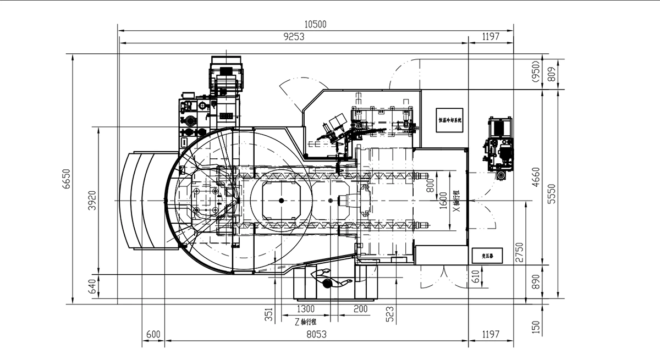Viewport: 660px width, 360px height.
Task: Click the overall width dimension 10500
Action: point(315,24)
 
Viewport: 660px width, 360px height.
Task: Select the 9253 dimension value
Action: point(294,37)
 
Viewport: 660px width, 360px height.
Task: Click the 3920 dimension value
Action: point(92,201)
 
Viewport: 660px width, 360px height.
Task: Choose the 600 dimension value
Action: point(153,334)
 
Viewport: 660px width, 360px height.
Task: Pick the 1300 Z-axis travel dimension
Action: point(306,309)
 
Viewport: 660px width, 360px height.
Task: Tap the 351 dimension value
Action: point(268,314)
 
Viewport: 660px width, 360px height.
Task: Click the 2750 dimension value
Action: point(520,252)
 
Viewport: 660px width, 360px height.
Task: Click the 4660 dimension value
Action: point(537,178)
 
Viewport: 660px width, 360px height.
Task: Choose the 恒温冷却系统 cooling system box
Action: point(450,120)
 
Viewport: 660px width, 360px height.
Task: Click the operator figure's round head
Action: point(328,284)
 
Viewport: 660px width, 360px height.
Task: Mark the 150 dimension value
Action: point(537,328)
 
